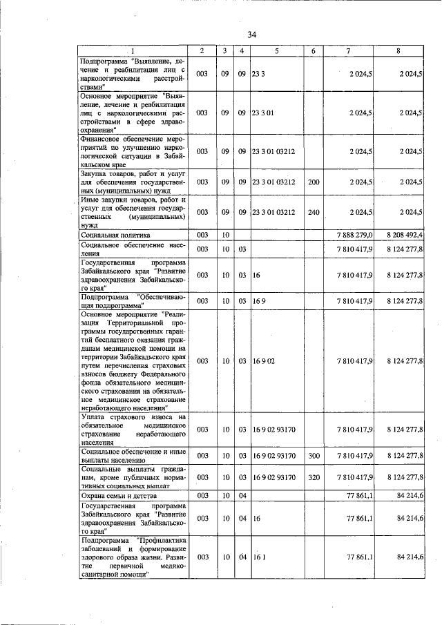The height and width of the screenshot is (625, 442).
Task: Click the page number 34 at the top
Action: (252, 35)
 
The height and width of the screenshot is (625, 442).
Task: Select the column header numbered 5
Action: (276, 51)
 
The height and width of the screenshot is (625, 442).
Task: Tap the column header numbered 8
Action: (398, 51)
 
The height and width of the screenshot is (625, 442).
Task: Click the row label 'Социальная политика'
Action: (115, 235)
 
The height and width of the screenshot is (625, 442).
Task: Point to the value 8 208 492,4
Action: (405, 235)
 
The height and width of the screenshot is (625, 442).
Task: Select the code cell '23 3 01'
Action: (264, 112)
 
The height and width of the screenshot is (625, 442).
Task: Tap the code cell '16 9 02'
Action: (264, 360)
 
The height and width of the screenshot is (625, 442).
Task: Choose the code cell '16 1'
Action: (259, 557)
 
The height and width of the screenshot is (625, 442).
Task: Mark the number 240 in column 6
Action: (314, 213)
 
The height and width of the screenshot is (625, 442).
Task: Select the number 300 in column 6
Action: (314, 456)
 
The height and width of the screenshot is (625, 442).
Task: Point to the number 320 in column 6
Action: (314, 477)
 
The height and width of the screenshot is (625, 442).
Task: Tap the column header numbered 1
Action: (133, 51)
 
